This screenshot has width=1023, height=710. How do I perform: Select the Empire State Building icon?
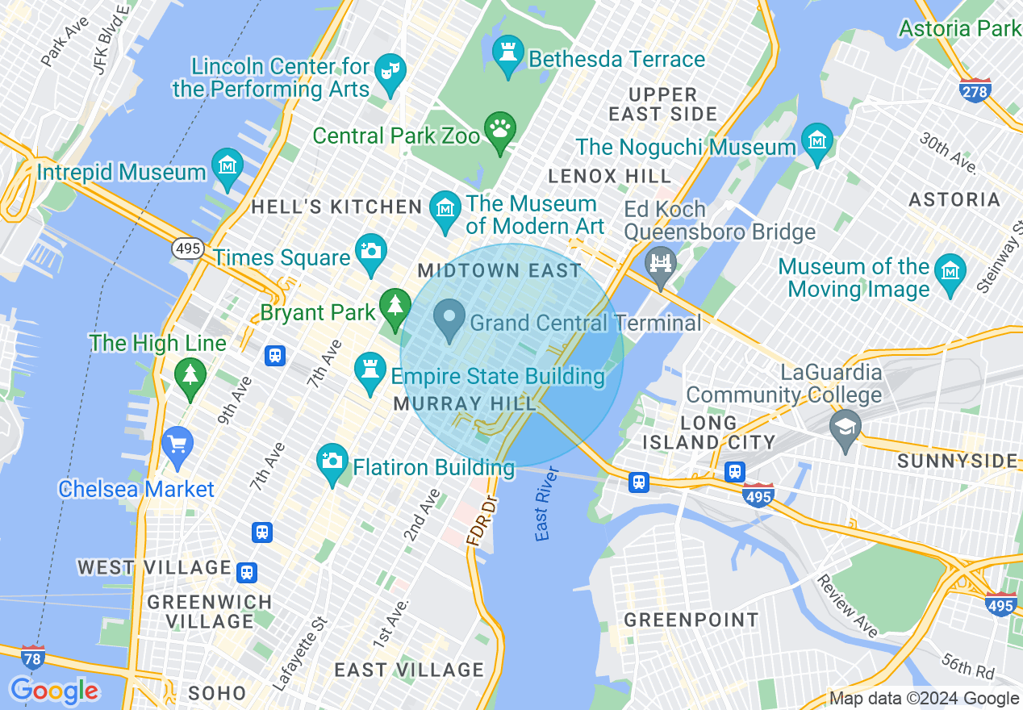pyautogui.click(x=370, y=373)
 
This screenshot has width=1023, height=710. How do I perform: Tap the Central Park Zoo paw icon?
pyautogui.click(x=500, y=129)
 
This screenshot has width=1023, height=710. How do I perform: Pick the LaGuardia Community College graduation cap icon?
pyautogui.click(x=845, y=424)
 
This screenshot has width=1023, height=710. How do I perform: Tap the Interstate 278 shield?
pyautogui.click(x=975, y=90)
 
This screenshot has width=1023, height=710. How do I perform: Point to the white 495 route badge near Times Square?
pyautogui.click(x=187, y=248)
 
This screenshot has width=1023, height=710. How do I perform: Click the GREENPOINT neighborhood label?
pyautogui.click(x=691, y=620)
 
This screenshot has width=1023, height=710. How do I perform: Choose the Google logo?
pyautogui.click(x=53, y=691)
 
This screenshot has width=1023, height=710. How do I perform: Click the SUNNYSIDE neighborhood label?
pyautogui.click(x=957, y=461)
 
